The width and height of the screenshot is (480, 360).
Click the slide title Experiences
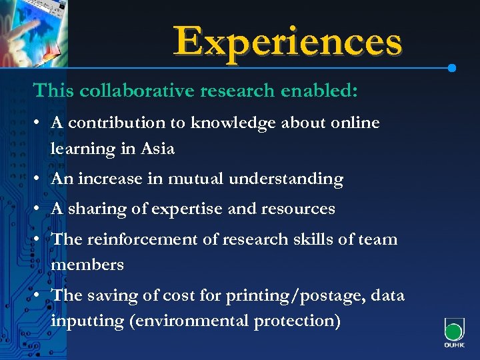pyautogui.click(x=288, y=41)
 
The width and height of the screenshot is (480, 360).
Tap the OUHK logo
pyautogui.click(x=453, y=333)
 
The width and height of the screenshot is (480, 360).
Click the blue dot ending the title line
pyautogui.click(x=452, y=68)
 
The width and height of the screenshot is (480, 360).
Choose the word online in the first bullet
pyautogui.click(x=353, y=123)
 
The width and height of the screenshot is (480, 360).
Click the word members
pyautogui.click(x=87, y=265)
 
